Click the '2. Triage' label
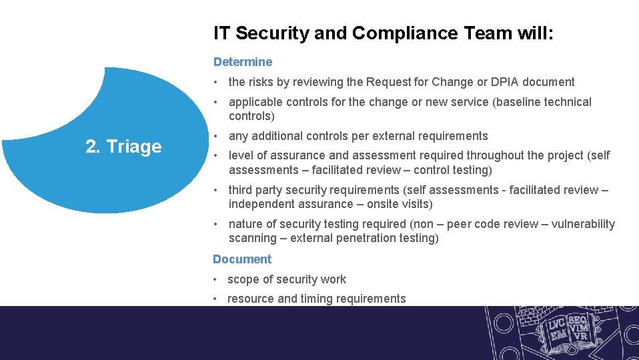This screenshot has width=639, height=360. [123, 147]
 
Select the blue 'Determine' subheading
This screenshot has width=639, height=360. [243, 62]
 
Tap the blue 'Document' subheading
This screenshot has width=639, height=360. [242, 259]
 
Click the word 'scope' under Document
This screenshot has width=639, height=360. [243, 279]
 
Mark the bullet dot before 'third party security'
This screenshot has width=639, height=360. [216, 190]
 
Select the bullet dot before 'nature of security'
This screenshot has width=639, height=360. [216, 224]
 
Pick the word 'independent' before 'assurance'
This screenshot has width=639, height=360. [261, 204]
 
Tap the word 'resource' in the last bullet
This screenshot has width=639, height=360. [251, 299]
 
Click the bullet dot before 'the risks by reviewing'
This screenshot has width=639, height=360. [216, 82]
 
